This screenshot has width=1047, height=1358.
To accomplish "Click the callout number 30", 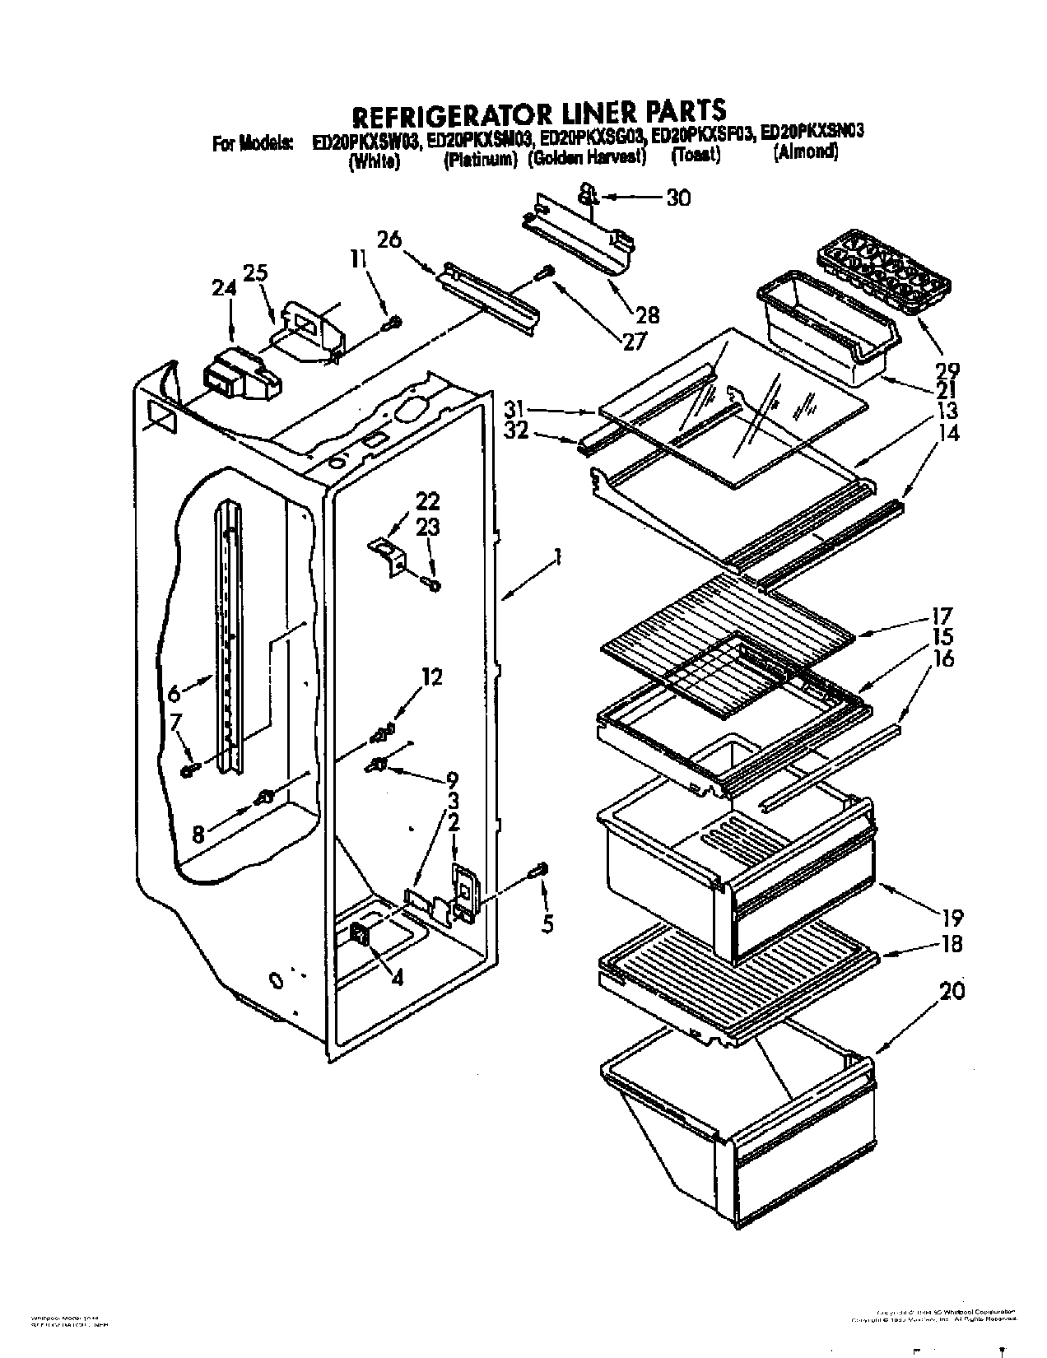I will [678, 198].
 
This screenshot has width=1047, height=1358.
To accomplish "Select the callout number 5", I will [548, 923].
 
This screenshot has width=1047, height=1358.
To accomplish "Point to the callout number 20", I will [952, 993].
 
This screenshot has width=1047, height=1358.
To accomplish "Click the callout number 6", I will [174, 694].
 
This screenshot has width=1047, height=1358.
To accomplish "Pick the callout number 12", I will [431, 677].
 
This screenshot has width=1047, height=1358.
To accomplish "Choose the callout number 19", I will [953, 918].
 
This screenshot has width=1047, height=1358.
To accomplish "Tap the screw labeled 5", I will [541, 871].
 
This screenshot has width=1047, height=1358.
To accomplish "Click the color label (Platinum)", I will [480, 160].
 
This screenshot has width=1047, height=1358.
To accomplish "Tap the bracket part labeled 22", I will [389, 555].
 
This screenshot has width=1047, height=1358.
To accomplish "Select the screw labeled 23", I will [431, 584].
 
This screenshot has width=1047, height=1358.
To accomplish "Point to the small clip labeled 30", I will [586, 194].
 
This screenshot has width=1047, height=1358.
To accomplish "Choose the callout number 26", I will [389, 240].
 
